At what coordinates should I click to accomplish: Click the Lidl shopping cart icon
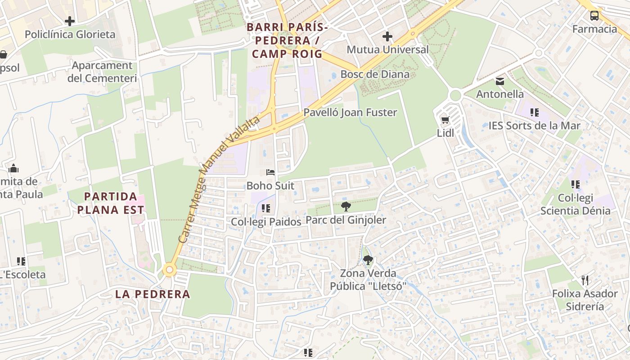(x=445, y=120)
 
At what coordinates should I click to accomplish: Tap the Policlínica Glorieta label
(x=70, y=34)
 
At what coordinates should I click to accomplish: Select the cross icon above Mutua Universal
(x=387, y=36)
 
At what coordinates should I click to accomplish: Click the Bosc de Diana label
(x=375, y=74)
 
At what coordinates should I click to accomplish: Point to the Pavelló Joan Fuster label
(x=350, y=112)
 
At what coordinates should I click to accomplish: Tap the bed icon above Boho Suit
(x=270, y=172)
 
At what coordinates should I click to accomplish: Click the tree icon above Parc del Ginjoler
(x=346, y=207)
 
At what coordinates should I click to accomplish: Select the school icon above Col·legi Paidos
(x=265, y=208)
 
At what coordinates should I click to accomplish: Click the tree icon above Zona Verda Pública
(x=368, y=260)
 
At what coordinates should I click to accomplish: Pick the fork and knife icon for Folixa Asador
(x=585, y=280)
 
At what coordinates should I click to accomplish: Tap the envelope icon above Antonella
(x=499, y=81)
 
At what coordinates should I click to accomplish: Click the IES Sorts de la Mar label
(x=534, y=126)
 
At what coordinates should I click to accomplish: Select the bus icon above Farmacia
(x=594, y=16)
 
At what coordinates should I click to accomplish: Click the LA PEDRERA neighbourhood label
(x=153, y=294)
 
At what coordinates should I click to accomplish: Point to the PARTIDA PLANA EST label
(x=111, y=203)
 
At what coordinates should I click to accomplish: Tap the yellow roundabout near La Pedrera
(x=170, y=270)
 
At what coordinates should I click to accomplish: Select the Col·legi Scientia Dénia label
(x=575, y=204)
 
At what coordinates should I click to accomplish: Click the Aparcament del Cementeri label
(x=102, y=72)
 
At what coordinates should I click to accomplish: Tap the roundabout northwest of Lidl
(x=455, y=95)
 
